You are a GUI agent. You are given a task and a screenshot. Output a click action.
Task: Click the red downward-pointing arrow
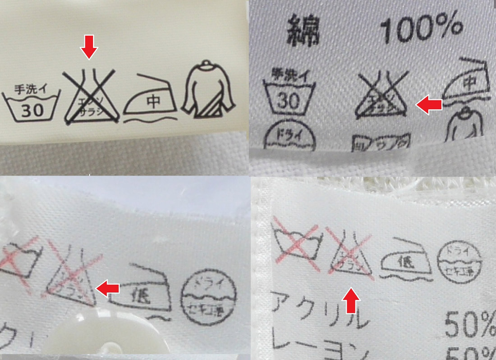click(89, 47)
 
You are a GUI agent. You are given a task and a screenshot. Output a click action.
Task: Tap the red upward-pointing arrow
click(353, 301)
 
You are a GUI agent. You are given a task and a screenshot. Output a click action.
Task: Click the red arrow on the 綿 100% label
click(428, 105)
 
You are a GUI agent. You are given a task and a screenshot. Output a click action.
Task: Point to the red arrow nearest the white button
click(109, 289)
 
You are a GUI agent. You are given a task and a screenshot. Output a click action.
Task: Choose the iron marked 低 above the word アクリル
click(404, 261)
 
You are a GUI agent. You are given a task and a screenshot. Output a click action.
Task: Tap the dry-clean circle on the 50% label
click(459, 262)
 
